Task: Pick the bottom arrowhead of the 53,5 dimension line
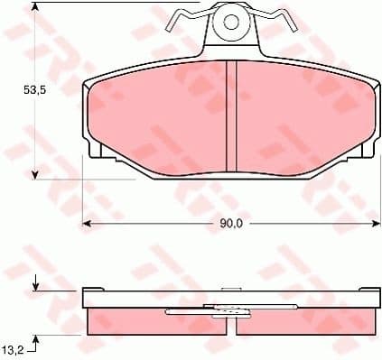(x=35, y=173)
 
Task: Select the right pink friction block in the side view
(x=312, y=320)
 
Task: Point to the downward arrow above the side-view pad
(x=35, y=284)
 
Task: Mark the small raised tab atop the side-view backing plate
(x=232, y=289)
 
